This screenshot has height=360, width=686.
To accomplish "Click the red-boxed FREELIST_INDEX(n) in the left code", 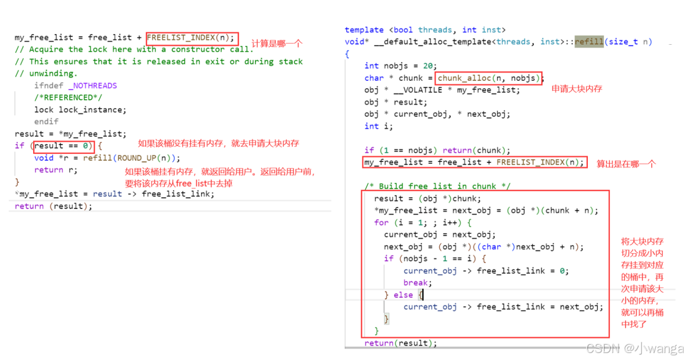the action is (192, 38).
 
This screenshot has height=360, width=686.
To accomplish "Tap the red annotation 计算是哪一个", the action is (277, 44).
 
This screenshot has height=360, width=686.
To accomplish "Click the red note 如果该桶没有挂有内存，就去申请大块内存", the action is (218, 143).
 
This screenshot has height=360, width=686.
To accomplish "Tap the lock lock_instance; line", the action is (80, 110).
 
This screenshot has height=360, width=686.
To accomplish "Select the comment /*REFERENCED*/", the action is (63, 98).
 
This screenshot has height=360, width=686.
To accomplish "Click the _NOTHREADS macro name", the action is (92, 85).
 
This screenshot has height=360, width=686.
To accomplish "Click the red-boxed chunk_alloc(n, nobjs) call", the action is (489, 78).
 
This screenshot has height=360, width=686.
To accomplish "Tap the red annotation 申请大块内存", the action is (577, 89).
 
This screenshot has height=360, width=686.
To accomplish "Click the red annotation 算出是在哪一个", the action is (626, 164).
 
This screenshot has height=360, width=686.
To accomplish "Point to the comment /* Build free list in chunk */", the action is (437, 186).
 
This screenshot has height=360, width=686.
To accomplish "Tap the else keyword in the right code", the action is (403, 295).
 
